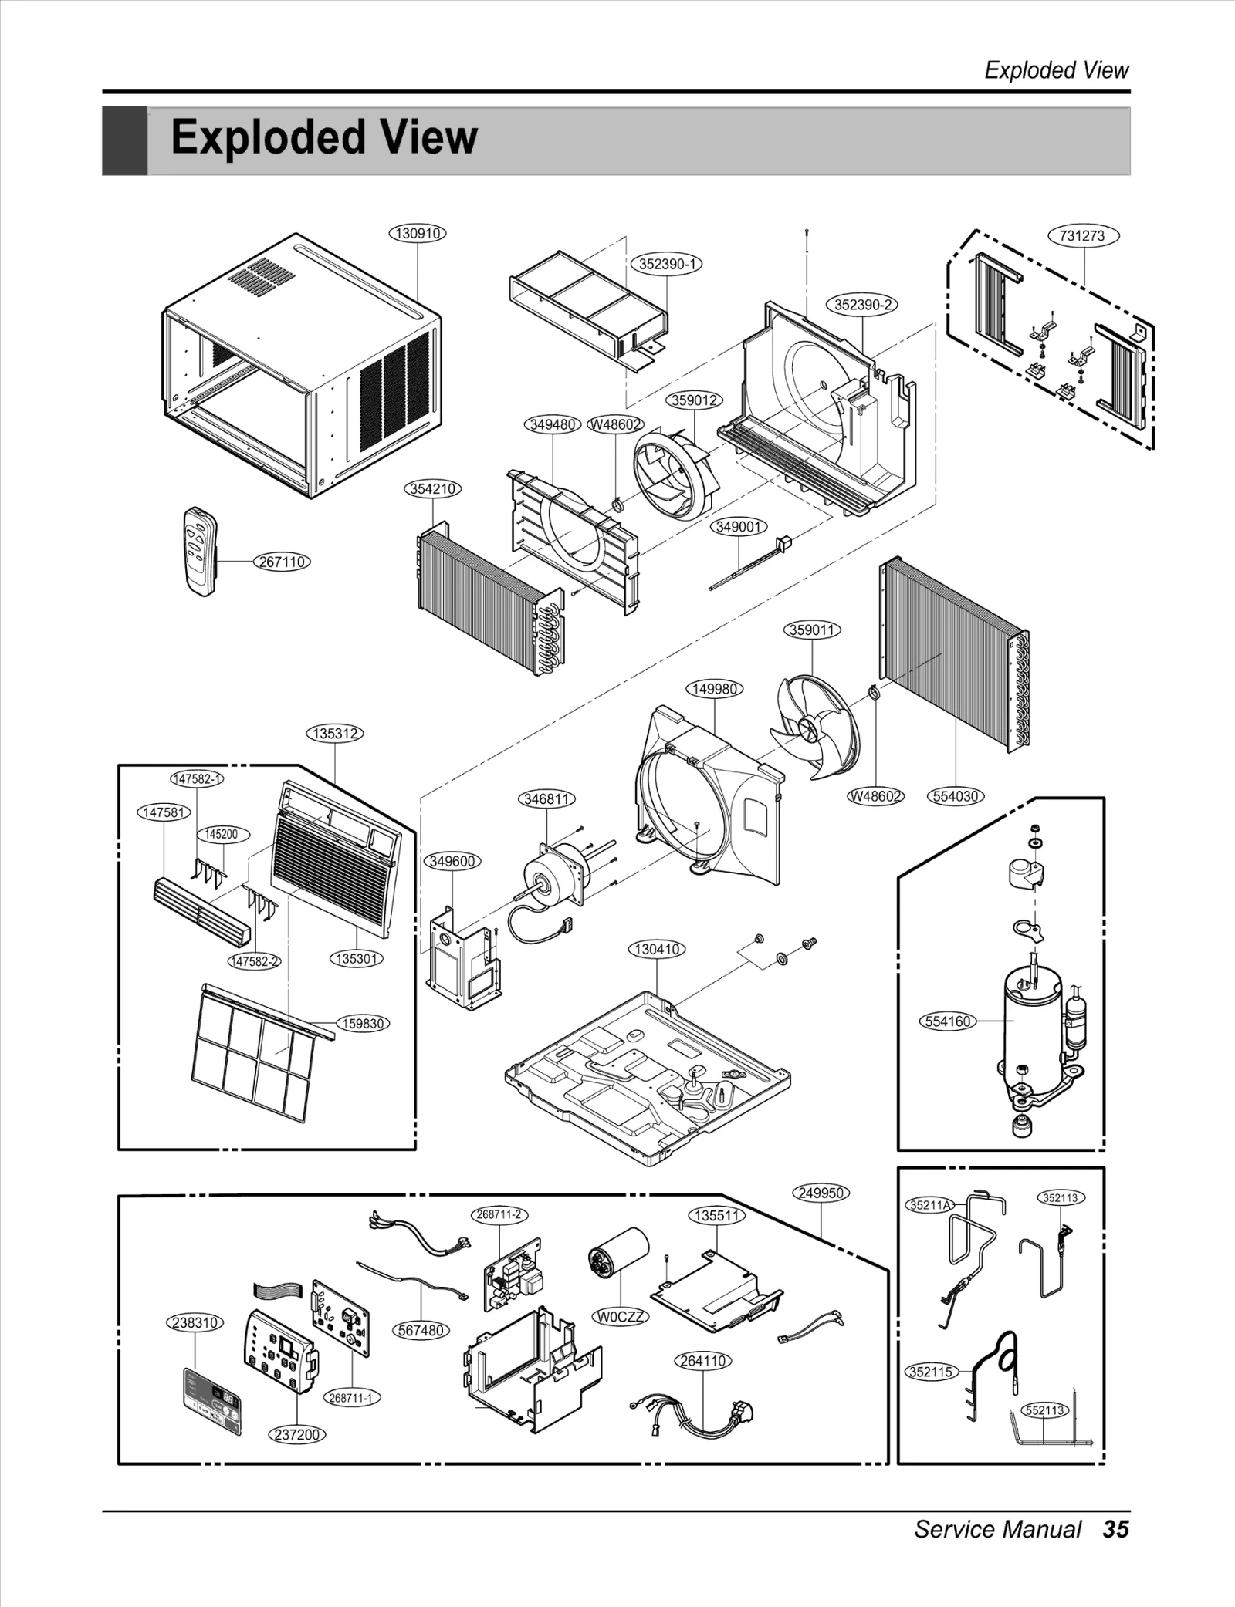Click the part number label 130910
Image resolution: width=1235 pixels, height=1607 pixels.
(418, 233)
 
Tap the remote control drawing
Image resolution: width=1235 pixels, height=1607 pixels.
(200, 551)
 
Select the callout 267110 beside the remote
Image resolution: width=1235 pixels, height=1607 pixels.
(282, 562)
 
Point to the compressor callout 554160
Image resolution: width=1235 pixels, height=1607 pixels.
(947, 1021)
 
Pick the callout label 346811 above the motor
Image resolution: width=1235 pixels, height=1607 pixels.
(546, 799)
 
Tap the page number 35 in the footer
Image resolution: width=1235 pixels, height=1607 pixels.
(1115, 1529)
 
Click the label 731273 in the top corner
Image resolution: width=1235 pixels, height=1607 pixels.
(1082, 236)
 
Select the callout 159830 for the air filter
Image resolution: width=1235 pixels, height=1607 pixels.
(363, 1024)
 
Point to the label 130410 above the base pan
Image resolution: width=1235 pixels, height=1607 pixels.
(657, 949)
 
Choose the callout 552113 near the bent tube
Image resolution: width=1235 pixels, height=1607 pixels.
(1044, 1410)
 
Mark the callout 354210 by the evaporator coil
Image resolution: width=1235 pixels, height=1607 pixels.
(433, 489)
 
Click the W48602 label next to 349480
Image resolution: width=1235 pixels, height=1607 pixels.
(615, 425)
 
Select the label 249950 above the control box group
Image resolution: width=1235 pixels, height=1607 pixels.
(821, 1193)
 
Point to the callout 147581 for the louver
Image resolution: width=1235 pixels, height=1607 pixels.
(164, 812)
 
